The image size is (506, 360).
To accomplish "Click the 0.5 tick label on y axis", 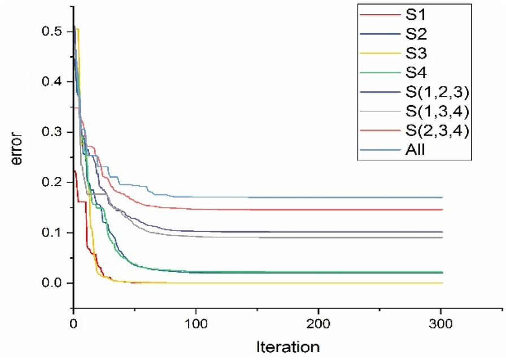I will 53,31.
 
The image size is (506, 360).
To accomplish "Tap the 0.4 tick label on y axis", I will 53,81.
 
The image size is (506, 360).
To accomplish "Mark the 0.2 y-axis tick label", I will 53,182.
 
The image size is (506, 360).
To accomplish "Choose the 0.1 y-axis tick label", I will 53,232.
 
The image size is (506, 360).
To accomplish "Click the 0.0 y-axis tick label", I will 53,283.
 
